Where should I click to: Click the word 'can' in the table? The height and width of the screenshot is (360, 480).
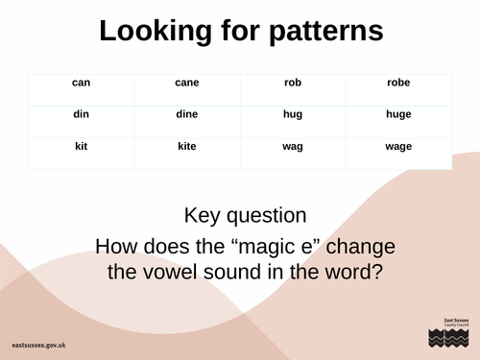coord(81,83)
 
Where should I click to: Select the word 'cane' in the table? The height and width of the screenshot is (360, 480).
coord(186,83)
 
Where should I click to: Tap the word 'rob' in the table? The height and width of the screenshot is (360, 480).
coord(293,83)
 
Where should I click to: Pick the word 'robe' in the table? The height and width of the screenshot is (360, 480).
coord(397,83)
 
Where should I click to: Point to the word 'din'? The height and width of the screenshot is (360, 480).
coord(81,115)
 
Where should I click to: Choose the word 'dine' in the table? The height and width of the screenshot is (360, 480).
coord(186,115)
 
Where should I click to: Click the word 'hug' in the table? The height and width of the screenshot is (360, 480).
coord(293,115)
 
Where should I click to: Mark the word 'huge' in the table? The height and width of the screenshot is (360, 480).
coord(397,115)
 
